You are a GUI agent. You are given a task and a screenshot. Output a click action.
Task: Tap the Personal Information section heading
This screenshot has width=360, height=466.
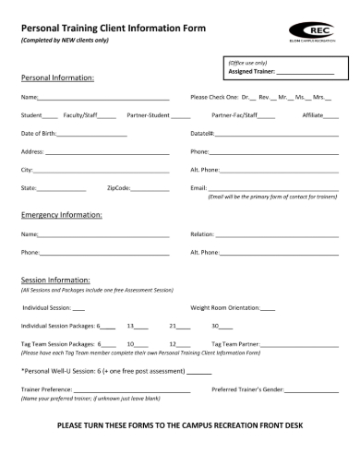click(x=58, y=78)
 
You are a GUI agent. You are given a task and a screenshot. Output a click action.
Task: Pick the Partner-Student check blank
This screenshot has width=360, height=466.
click(x=180, y=116)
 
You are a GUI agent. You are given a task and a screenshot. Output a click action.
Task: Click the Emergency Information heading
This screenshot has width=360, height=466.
click(x=61, y=215)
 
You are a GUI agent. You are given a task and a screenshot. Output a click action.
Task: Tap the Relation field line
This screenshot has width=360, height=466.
click(x=273, y=234)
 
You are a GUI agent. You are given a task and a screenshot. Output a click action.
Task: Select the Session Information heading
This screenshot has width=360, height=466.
click(x=55, y=280)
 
